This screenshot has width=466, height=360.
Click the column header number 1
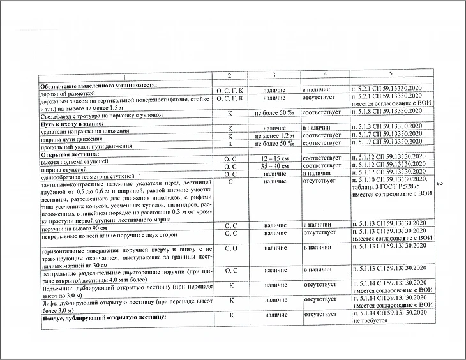(125, 77)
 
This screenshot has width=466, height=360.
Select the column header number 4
(324, 75)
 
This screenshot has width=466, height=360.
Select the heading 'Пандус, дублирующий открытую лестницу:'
(103, 317)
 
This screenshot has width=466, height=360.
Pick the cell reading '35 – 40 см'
(274, 166)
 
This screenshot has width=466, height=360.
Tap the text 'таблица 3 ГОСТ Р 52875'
(387, 186)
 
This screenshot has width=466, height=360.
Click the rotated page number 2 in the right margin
(440, 184)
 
